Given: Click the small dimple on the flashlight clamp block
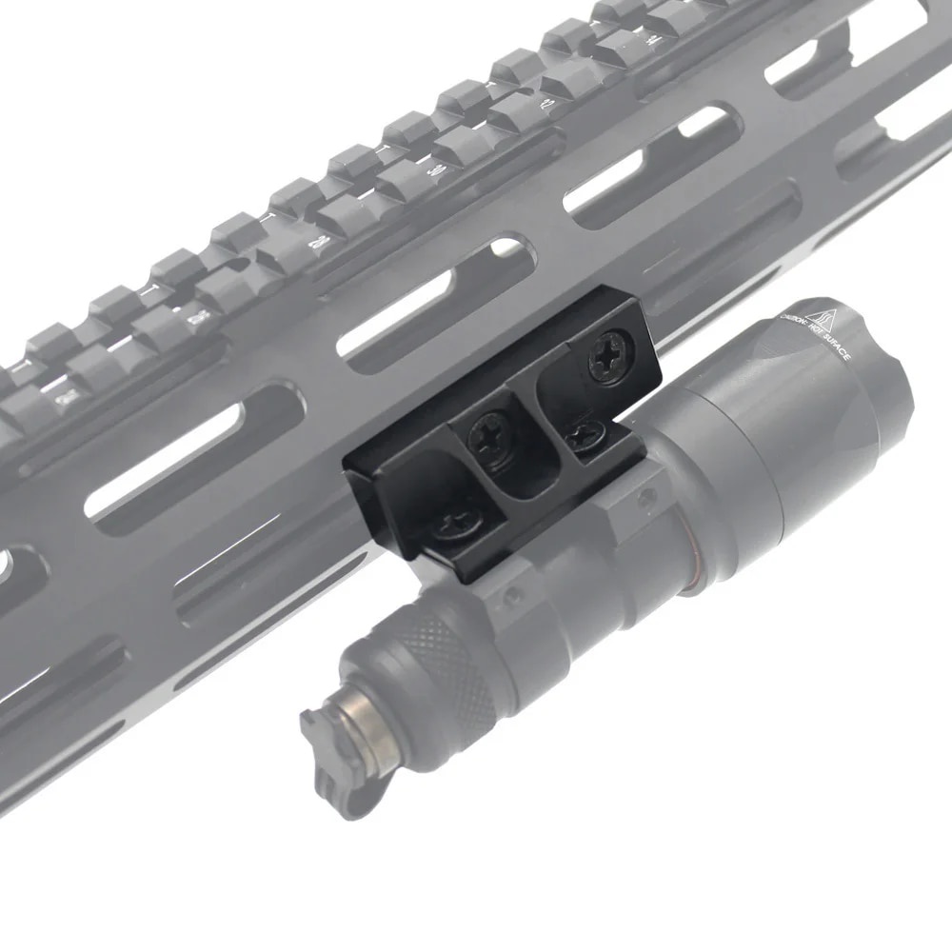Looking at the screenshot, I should click(647, 496).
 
